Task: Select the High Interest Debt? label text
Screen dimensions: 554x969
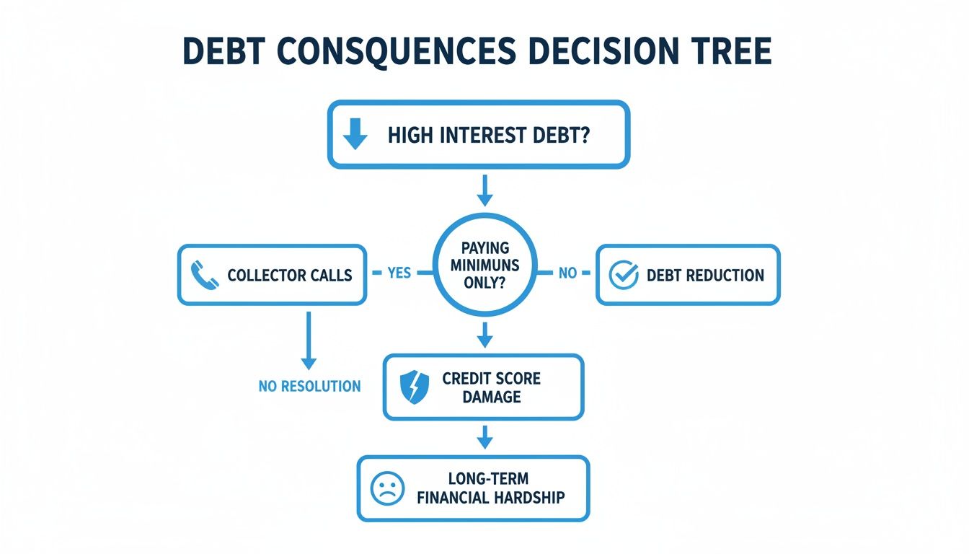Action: pyautogui.click(x=488, y=136)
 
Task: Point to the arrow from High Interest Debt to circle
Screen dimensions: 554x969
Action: pyautogui.click(x=485, y=190)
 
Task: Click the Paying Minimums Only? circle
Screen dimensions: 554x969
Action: pyautogui.click(x=485, y=265)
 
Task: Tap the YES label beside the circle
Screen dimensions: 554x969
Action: pyautogui.click(x=399, y=273)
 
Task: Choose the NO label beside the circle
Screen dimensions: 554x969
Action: pyautogui.click(x=567, y=273)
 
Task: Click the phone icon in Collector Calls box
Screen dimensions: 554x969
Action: pyautogui.click(x=205, y=275)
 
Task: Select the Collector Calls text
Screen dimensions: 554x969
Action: pyautogui.click(x=290, y=275)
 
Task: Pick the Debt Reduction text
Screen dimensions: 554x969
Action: pyautogui.click(x=705, y=275)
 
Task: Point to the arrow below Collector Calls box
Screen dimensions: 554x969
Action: pyautogui.click(x=309, y=340)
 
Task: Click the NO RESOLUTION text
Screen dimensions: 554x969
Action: pyautogui.click(x=309, y=387)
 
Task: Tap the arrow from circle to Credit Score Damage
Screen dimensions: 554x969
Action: pyautogui.click(x=485, y=335)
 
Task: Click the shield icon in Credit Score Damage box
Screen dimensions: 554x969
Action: pyautogui.click(x=414, y=388)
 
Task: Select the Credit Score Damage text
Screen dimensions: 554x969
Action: pyautogui.click(x=492, y=387)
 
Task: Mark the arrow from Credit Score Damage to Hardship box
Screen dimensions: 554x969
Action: pyautogui.click(x=485, y=437)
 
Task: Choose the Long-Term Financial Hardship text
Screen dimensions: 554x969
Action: pyautogui.click(x=490, y=488)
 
